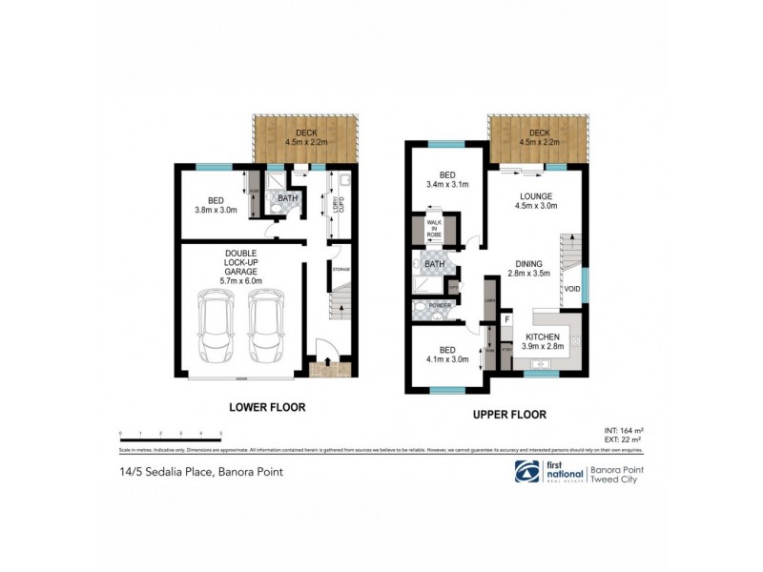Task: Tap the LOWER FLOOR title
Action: [x=267, y=407]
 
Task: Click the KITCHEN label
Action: [x=540, y=343]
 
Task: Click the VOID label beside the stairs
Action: [x=572, y=289]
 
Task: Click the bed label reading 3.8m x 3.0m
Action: [x=216, y=204]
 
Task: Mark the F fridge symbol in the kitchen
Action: [x=506, y=320]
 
